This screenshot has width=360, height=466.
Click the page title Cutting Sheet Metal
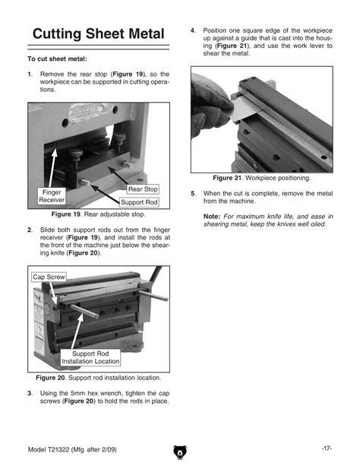tap(98, 34)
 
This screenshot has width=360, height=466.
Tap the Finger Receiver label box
tap(52, 196)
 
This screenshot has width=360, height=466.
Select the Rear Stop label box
tap(143, 189)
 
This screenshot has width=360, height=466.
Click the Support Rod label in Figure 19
tap(139, 202)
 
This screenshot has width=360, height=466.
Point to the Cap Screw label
tap(49, 277)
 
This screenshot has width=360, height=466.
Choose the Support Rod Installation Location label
tap(90, 357)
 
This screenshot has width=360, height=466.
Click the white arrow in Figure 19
tap(52, 168)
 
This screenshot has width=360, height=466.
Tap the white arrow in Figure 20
tap(77, 331)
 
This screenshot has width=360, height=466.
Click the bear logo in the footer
tap(180, 452)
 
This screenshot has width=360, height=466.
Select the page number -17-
tap(327, 449)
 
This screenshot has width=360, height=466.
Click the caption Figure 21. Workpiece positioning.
tap(262, 178)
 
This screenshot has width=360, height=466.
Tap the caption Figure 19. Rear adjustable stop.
tap(98, 214)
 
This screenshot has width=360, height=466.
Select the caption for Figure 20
tap(98, 378)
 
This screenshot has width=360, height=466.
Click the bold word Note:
tap(212, 217)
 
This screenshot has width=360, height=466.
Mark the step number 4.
tap(193, 30)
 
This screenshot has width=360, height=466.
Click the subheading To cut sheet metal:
tap(57, 59)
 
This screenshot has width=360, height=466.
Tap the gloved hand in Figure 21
tap(210, 106)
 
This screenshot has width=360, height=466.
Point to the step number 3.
tap(30, 393)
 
